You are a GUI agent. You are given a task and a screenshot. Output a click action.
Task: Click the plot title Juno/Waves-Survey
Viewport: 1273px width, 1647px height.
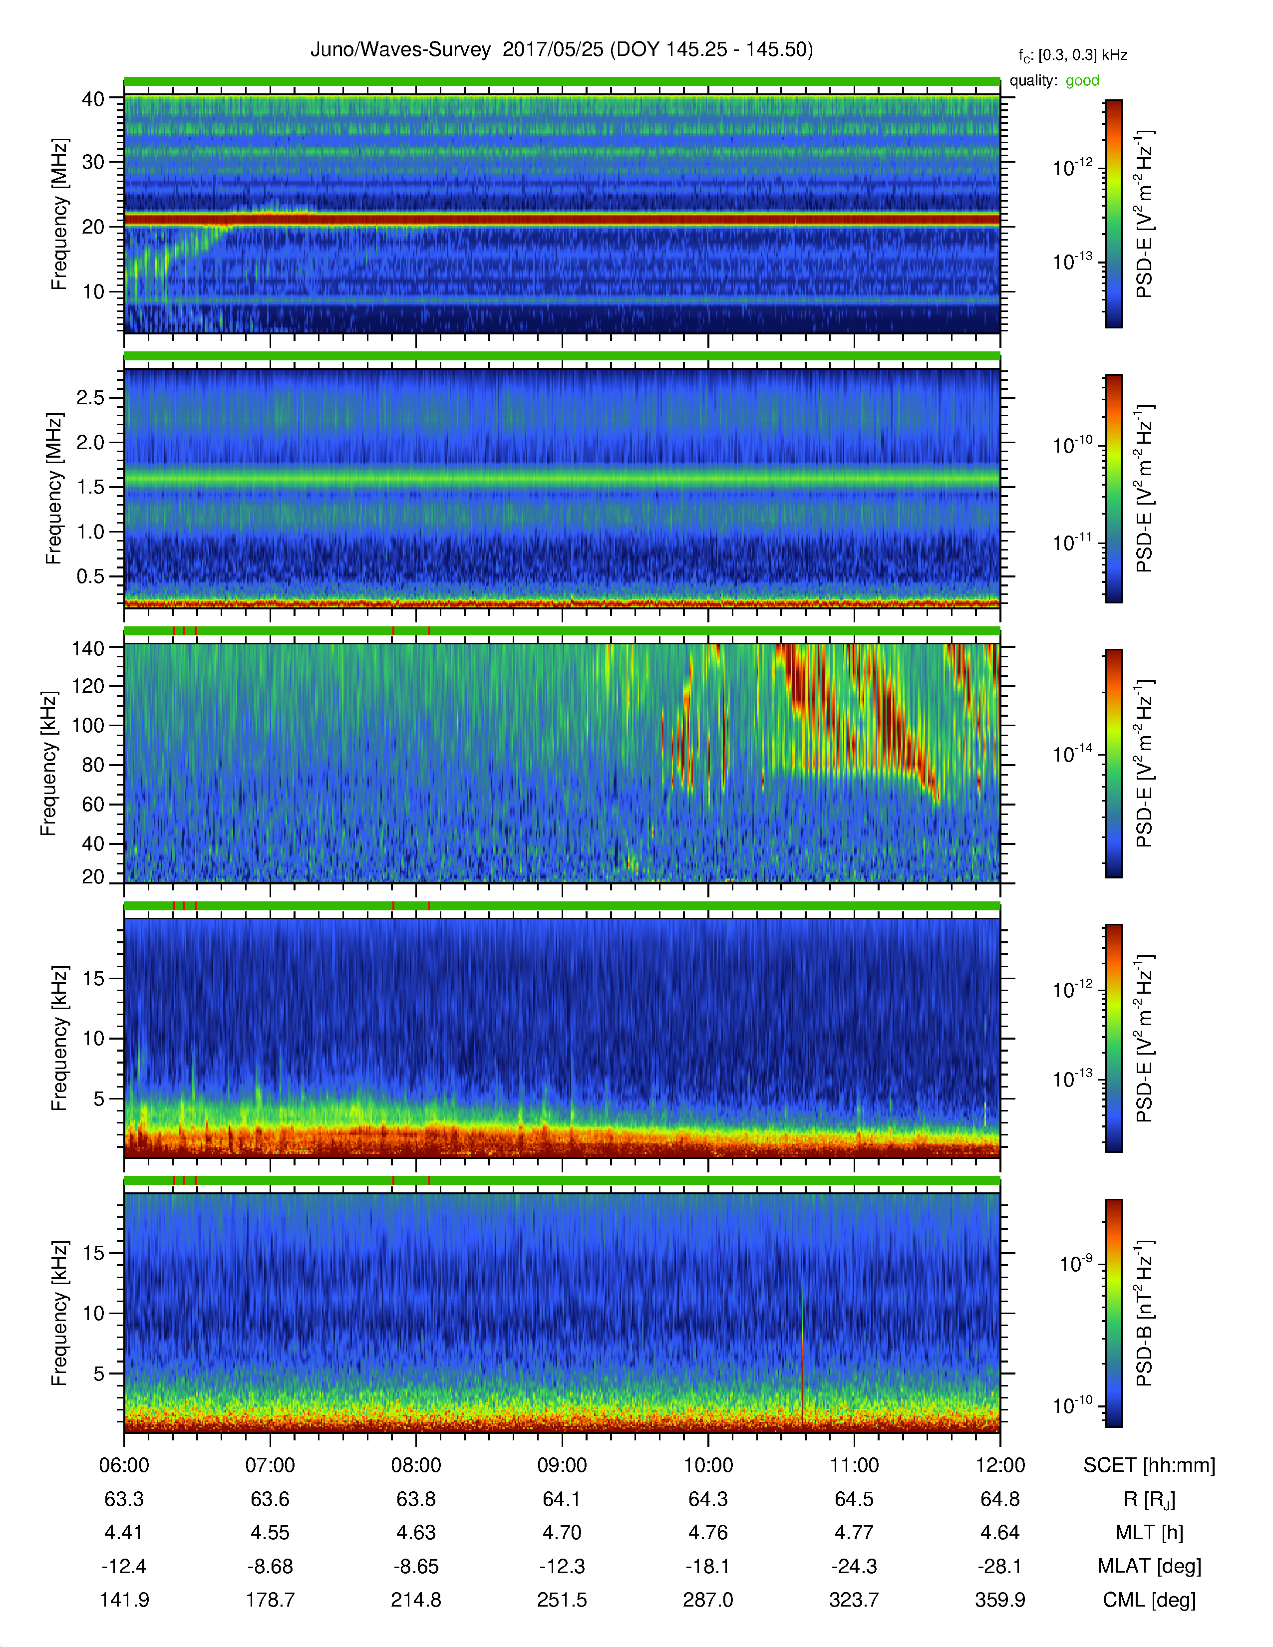(400, 50)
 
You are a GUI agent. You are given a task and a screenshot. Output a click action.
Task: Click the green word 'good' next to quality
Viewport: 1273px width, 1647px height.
(1082, 81)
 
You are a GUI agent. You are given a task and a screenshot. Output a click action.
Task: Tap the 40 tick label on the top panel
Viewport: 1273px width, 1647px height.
(93, 99)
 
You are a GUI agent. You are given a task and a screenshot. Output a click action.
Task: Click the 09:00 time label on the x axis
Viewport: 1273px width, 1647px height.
(562, 1465)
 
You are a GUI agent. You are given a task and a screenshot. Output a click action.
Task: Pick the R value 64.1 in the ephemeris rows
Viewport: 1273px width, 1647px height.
(562, 1499)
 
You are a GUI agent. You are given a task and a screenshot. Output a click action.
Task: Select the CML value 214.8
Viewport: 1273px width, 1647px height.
(416, 1600)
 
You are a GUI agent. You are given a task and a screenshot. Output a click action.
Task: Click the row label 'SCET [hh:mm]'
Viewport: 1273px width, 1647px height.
(1149, 1465)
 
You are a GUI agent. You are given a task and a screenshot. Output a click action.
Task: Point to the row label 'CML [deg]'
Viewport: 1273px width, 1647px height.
(1149, 1600)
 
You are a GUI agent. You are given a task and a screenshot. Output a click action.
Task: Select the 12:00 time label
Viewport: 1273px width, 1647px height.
(1000, 1465)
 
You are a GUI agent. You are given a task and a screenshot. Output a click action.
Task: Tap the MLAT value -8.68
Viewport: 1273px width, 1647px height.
(270, 1566)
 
